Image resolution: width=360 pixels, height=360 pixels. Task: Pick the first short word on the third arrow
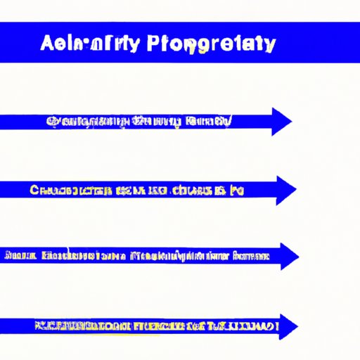coord(15,256)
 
